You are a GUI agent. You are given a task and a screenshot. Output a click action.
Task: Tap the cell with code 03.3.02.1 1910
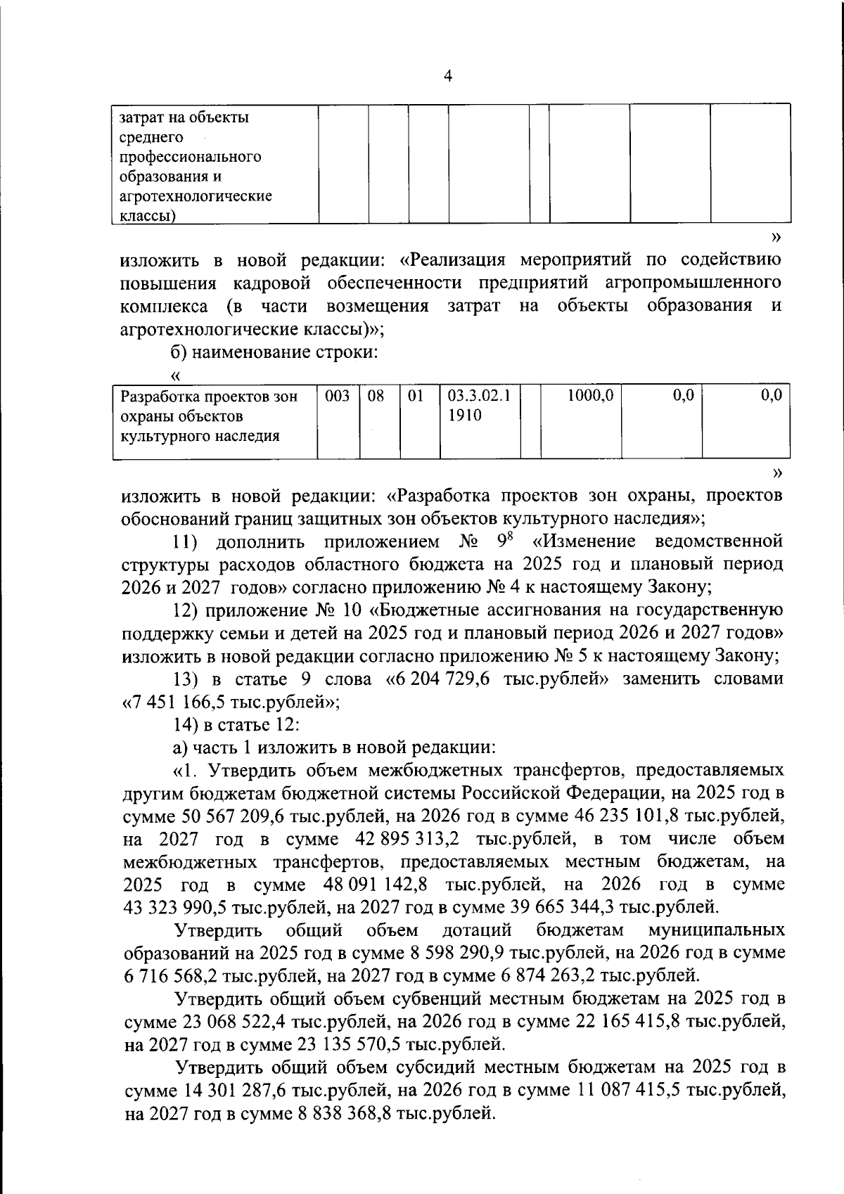pyautogui.click(x=479, y=406)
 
